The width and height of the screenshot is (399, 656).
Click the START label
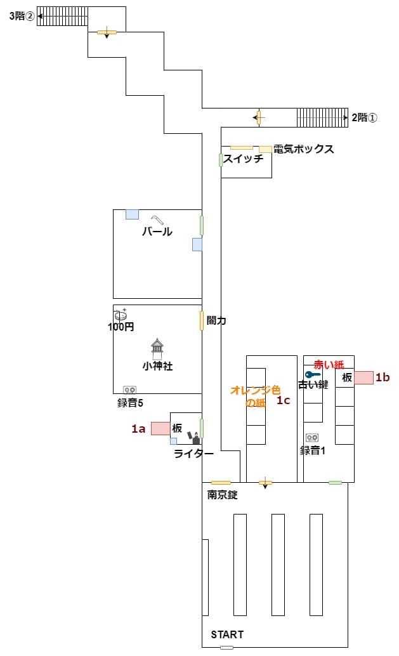point(226,634)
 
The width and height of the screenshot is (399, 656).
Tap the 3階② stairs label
point(22,16)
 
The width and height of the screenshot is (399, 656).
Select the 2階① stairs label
point(364,117)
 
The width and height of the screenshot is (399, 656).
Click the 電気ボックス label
point(303,149)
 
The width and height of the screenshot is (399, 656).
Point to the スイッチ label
point(243,159)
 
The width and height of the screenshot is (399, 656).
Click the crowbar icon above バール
point(156,220)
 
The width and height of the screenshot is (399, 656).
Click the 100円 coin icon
point(121,315)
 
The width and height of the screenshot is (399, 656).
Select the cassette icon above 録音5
point(129,390)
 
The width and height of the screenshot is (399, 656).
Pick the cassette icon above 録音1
point(311,438)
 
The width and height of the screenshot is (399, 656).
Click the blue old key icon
point(313,374)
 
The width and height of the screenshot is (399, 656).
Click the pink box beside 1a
point(160,428)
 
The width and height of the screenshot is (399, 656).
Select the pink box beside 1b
point(363,377)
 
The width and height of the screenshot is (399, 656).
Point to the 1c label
point(283,400)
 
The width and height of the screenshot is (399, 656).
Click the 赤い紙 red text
point(329,365)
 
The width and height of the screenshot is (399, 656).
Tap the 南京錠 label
point(222,495)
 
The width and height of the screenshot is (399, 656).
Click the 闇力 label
point(217,321)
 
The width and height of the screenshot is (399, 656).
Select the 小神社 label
point(157,366)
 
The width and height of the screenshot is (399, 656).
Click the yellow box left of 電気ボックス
point(265,149)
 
